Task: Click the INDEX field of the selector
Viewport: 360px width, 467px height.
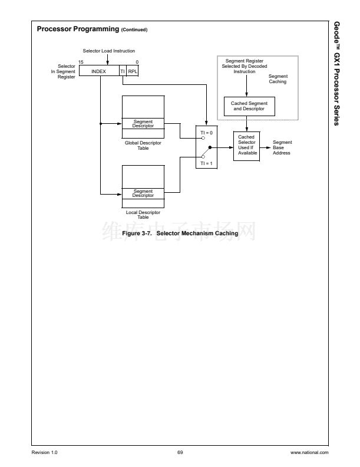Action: click(x=98, y=71)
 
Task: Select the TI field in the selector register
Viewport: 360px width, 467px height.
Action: click(x=123, y=71)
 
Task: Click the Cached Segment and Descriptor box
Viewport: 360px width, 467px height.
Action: click(x=249, y=106)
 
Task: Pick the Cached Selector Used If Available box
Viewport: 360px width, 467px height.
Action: click(x=246, y=145)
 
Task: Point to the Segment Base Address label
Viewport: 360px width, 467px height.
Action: click(x=282, y=147)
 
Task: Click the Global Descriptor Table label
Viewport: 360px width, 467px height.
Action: click(x=143, y=145)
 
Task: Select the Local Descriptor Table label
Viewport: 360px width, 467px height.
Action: click(x=143, y=215)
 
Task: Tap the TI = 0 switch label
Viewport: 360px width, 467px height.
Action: click(x=206, y=133)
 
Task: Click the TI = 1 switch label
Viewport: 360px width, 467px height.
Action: click(x=206, y=163)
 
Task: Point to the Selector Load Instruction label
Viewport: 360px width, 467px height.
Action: click(x=108, y=51)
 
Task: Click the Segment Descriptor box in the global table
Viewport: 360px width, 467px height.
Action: click(x=143, y=124)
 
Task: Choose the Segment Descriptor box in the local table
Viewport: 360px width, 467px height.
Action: click(x=143, y=193)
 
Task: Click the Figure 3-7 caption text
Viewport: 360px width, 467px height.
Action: click(x=180, y=233)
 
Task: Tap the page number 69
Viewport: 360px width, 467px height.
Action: click(x=180, y=452)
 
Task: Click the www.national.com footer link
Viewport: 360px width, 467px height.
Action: click(x=309, y=452)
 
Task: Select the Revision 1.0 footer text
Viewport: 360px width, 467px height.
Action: click(x=45, y=452)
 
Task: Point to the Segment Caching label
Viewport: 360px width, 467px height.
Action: click(x=278, y=79)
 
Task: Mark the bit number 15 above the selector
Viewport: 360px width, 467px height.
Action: click(x=81, y=62)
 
